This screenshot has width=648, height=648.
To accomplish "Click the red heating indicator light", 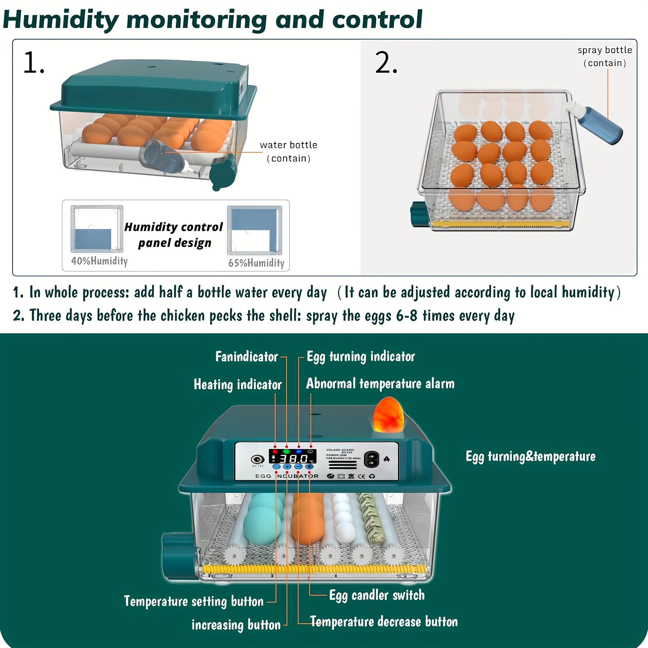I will click(275, 451).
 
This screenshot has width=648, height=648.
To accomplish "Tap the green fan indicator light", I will click(286, 451).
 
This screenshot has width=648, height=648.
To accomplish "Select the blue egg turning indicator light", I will click(298, 451).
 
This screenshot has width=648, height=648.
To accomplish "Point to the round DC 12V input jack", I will click(257, 459).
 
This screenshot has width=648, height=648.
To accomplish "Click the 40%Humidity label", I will click(99, 261).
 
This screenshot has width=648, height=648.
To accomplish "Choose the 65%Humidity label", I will click(256, 263).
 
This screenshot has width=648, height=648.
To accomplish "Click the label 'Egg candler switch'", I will click(377, 595).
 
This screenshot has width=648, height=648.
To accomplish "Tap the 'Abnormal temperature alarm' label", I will click(380, 384).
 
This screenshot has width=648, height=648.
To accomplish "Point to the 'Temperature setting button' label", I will click(194, 601).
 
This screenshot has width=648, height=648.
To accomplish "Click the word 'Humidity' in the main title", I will click(61, 19).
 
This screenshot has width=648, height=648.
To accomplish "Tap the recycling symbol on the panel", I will click(372, 476).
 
